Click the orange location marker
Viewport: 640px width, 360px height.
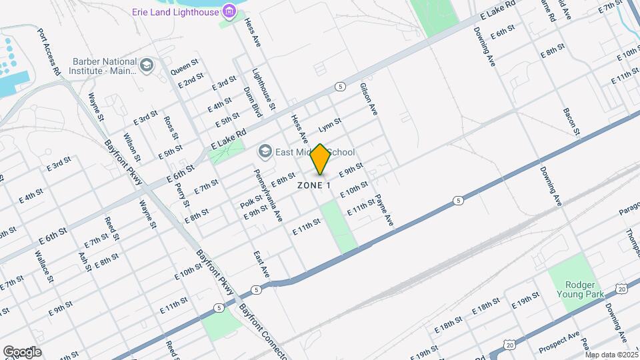pos(320,159)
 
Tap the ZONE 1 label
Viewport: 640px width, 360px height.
pos(314,185)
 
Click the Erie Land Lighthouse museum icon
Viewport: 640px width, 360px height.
pos(229,11)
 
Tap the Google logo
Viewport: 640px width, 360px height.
pos(21,351)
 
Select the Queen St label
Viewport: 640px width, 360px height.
pos(185,67)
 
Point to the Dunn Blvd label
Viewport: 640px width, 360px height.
pos(252,102)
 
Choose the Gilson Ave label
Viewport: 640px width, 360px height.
pos(369,99)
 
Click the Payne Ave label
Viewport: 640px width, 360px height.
pos(385,210)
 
